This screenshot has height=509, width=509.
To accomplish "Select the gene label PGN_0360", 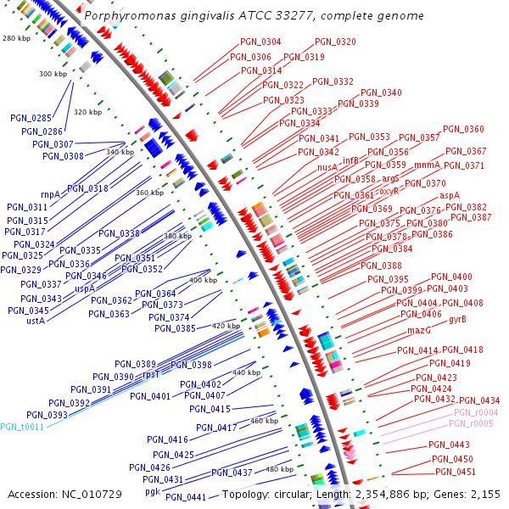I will pyautogui.click(x=463, y=129).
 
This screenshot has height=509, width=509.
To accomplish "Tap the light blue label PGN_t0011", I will pyautogui.click(x=22, y=427).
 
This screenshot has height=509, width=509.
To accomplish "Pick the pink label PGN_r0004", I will pyautogui.click(x=476, y=412).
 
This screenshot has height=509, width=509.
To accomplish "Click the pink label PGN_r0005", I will pyautogui.click(x=472, y=423).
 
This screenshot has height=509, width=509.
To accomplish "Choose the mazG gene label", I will pyautogui.click(x=419, y=330).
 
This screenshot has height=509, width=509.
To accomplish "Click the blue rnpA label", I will pyautogui.click(x=50, y=194).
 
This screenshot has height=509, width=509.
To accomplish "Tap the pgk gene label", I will pyautogui.click(x=153, y=491).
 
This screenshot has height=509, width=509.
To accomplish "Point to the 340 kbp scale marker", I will pyautogui.click(x=120, y=152).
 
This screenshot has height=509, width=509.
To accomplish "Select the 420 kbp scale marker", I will pyautogui.click(x=226, y=326).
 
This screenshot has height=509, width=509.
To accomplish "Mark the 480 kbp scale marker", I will pyautogui.click(x=280, y=469).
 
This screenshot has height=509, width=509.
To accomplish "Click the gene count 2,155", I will pyautogui.click(x=484, y=494).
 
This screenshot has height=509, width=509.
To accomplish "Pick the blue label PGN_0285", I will pyautogui.click(x=31, y=118).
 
